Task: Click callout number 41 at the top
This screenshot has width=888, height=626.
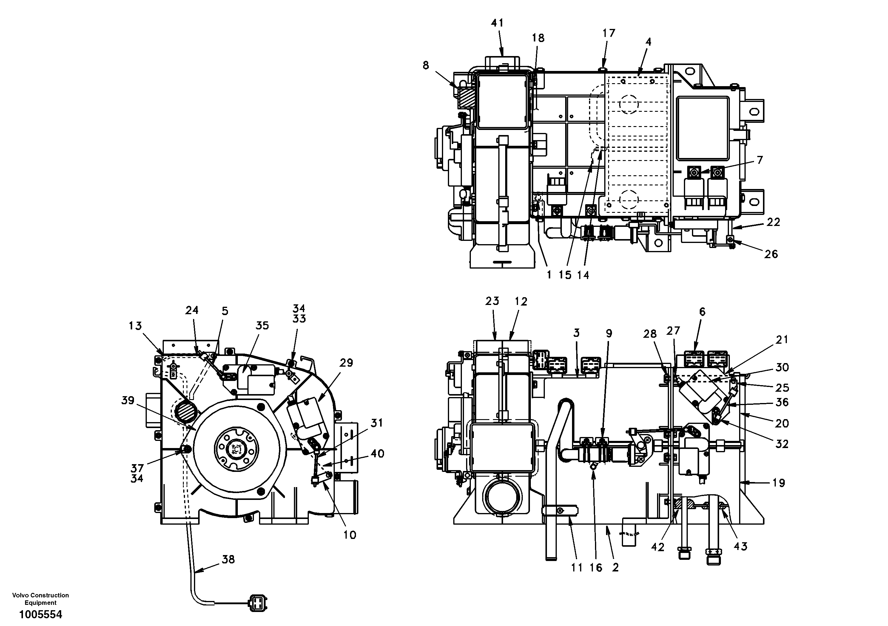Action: coord(497,23)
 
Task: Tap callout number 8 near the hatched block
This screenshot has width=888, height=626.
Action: coord(426,65)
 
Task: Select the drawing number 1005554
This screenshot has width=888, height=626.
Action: coord(41,614)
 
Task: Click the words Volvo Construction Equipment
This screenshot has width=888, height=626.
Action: coord(41,599)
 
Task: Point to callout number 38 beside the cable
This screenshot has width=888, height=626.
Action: coord(228,559)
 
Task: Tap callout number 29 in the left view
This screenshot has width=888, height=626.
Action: coord(346,363)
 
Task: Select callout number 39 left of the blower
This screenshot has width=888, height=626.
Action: coord(128,400)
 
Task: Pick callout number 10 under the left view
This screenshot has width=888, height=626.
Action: coord(350,535)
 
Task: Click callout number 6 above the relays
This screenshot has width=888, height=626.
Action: coord(702,312)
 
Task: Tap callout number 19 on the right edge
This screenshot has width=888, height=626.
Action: coord(778,483)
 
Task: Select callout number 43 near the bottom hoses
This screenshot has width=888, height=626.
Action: coord(740,546)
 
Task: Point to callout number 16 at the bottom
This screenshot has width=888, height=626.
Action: coord(596,567)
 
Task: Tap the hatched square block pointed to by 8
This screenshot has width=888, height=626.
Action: coord(463,98)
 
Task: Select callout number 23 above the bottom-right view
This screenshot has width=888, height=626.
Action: coord(492,301)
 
